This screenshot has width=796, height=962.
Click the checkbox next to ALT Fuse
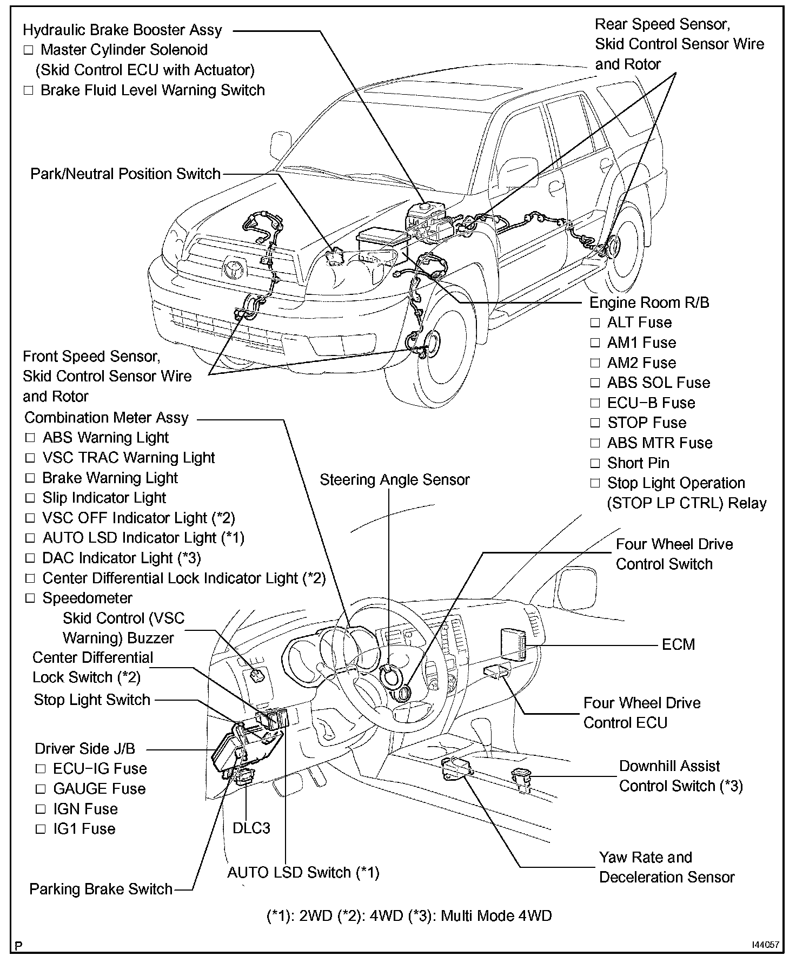595,323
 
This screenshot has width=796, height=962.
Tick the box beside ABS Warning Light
30,438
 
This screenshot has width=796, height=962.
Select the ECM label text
678,644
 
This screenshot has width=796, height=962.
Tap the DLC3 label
251,828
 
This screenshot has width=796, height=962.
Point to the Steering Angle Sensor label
394,480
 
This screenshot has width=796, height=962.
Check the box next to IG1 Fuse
41,829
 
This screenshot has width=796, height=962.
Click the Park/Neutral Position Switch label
125,174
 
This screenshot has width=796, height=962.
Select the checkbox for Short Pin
595,464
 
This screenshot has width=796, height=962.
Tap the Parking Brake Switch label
101,889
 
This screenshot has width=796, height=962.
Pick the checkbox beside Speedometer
30,598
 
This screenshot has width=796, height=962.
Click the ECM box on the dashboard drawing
513,644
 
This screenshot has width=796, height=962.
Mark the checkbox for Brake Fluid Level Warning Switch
29,90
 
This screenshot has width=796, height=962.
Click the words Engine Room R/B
649,302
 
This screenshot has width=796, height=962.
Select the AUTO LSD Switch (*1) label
303,872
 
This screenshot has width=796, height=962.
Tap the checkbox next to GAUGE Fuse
41,789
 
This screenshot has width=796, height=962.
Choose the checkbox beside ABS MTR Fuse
595,444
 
